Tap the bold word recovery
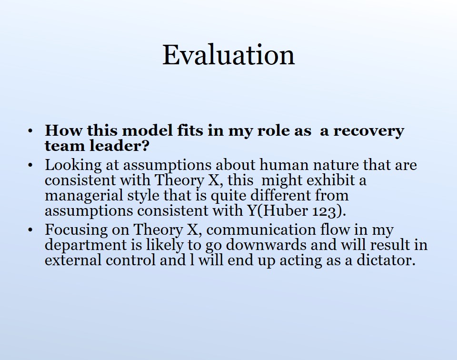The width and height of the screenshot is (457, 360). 368,131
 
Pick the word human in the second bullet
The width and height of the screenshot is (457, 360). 284,165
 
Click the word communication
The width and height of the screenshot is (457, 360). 261,230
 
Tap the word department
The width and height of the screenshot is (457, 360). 86,245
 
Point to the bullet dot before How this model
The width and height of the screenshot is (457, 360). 30,131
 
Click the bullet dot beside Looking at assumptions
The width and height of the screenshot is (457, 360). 30,165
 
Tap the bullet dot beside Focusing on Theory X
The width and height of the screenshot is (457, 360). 30,230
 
